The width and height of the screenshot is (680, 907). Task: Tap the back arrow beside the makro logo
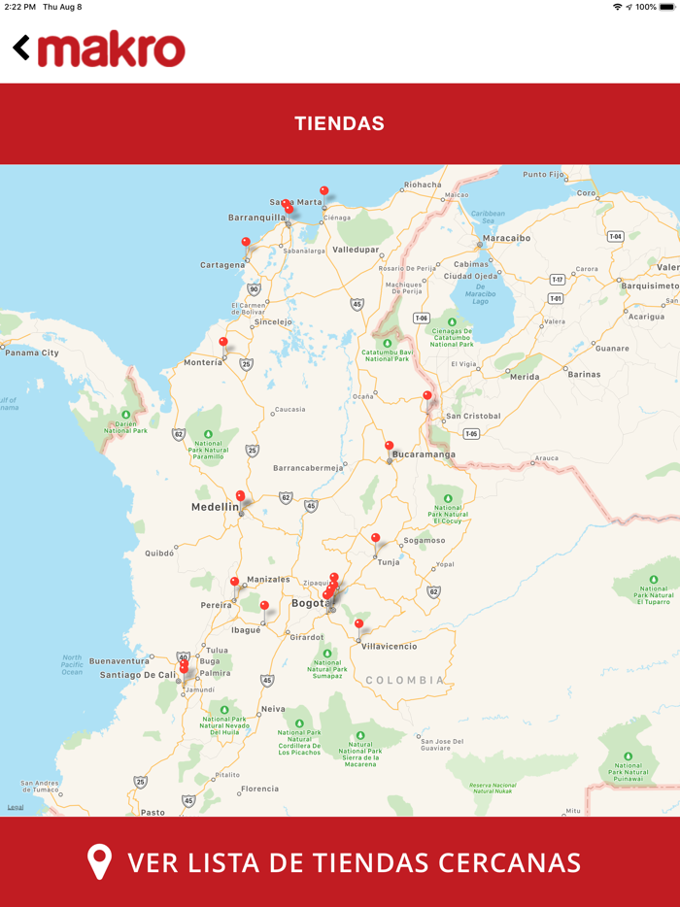pyautogui.click(x=20, y=48)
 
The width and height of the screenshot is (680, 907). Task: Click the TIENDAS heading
pyautogui.click(x=339, y=123)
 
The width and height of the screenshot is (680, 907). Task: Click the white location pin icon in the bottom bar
pyautogui.click(x=99, y=862)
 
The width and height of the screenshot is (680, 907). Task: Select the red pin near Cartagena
pyautogui.click(x=246, y=243)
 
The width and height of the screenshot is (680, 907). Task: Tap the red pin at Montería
pyautogui.click(x=223, y=343)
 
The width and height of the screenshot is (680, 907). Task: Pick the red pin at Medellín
pyautogui.click(x=240, y=496)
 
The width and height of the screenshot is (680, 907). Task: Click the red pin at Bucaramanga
pyautogui.click(x=389, y=447)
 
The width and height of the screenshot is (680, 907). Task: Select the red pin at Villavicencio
pyautogui.click(x=358, y=624)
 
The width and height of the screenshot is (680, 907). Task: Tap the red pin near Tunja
pyautogui.click(x=375, y=538)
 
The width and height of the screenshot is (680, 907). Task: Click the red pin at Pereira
pyautogui.click(x=234, y=583)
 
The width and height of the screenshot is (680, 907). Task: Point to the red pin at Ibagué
pyautogui.click(x=264, y=606)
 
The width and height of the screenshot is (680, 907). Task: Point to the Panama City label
pyautogui.click(x=31, y=353)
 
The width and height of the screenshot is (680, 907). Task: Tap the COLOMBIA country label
pyautogui.click(x=405, y=681)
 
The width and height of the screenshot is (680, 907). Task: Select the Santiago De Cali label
pyautogui.click(x=138, y=674)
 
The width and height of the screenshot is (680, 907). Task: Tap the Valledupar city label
pyautogui.click(x=355, y=250)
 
